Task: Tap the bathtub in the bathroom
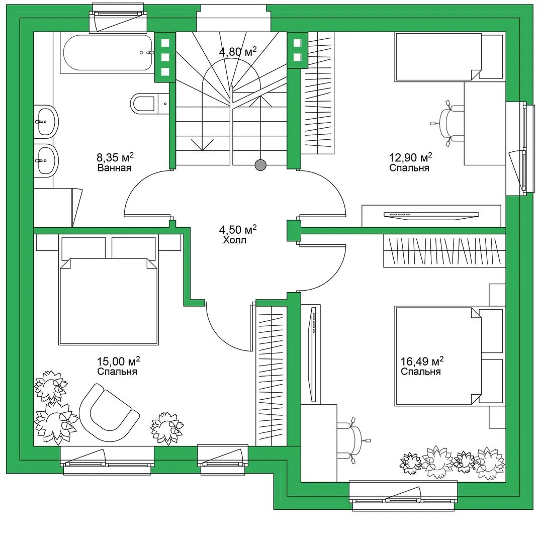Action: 108,53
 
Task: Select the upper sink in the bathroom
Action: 46,122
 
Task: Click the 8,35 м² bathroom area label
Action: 115,157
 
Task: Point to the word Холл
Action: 234,240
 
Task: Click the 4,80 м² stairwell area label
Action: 238,52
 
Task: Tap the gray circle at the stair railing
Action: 260,165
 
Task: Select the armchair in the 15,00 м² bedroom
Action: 109,412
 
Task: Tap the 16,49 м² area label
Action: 422,361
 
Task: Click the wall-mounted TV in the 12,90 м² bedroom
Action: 431,215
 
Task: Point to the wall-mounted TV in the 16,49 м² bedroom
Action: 313,354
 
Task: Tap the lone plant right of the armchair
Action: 167,428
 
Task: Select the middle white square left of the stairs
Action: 165,57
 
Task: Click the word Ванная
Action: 114,168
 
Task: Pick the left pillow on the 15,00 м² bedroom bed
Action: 83,247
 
